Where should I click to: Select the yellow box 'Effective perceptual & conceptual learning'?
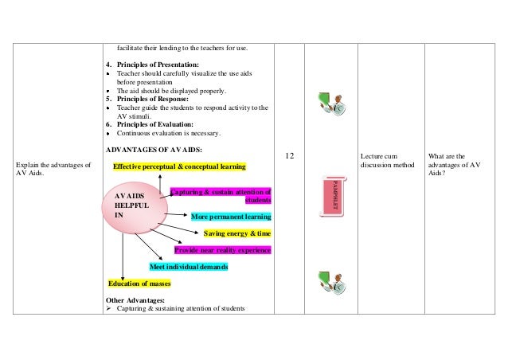179,166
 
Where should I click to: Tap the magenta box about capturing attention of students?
222,195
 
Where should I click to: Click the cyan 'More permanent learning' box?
231,216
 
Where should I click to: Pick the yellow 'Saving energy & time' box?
236,233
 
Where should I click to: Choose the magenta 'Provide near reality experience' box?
222,250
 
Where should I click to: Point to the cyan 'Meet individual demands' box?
189,267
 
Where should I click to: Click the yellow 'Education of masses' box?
139,284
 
